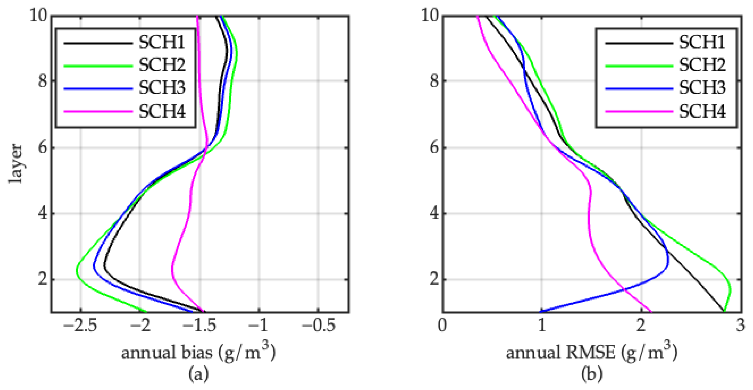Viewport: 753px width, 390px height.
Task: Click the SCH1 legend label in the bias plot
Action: (x=162, y=42)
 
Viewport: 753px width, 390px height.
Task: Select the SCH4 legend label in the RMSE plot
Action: (x=702, y=111)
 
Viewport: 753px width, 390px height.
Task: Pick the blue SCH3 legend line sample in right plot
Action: (x=639, y=88)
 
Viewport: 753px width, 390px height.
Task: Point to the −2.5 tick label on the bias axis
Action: (x=80, y=325)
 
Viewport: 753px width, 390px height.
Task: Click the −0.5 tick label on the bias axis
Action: (x=319, y=325)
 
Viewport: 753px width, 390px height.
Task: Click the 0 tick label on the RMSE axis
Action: (x=442, y=325)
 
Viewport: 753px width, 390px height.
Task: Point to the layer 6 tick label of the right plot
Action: (x=434, y=147)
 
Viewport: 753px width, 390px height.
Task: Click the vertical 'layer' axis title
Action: (x=15, y=164)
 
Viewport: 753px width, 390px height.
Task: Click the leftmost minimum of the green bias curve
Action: (x=76, y=271)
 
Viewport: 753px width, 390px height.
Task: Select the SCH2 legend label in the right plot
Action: (x=702, y=65)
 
